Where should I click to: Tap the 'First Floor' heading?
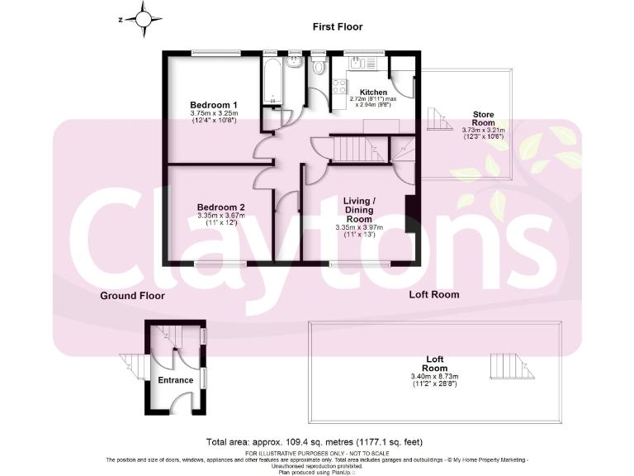337,27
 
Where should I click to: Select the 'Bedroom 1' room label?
213,104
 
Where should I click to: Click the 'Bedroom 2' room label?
220,207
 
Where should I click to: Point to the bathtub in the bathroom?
272,81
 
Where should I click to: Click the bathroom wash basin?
294,63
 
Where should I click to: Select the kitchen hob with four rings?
368,64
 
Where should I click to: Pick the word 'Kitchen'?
373,92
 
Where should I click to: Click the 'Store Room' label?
483,118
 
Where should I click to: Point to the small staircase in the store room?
439,118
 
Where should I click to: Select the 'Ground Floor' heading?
132,295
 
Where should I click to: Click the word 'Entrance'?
176,380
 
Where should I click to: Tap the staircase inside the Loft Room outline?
506,364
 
